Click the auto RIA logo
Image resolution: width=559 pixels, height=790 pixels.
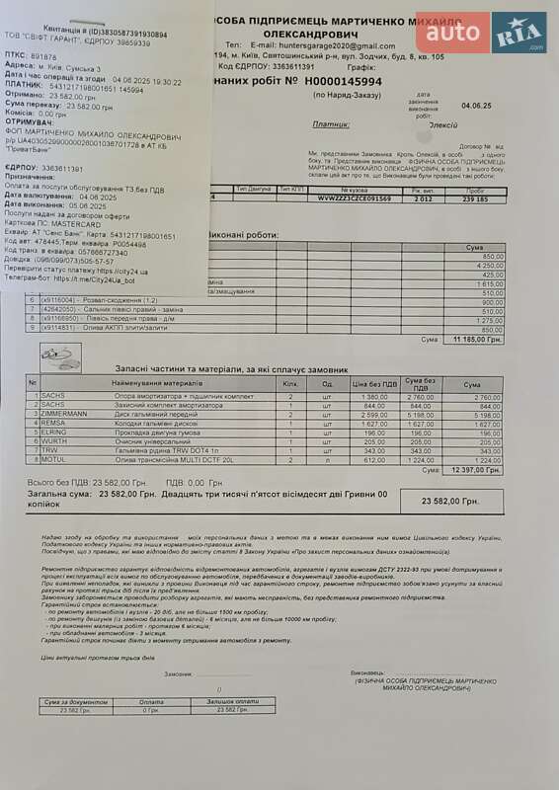[480, 33]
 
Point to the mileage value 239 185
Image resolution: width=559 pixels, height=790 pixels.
[475, 197]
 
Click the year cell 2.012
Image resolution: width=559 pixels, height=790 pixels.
[423, 197]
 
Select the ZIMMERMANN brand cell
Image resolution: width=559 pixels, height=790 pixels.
[64, 414]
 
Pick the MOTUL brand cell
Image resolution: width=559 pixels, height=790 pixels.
[53, 459]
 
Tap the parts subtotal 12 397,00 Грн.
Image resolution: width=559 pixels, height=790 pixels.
[475, 470]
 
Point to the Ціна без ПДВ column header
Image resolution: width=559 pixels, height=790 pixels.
[373, 383]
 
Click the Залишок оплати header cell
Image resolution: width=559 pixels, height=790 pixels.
[241, 701]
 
